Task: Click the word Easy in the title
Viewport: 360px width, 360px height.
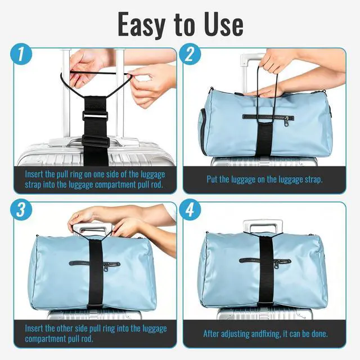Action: pos(142,25)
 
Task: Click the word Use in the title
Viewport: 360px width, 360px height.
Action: pos(224,24)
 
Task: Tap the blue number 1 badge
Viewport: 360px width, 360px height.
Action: pos(21,55)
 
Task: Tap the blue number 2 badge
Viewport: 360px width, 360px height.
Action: pos(190,55)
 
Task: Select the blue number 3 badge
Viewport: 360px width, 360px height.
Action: pos(21,209)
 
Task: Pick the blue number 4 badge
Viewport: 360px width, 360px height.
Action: pos(190,209)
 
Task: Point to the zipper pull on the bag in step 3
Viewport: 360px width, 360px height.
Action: pos(106,267)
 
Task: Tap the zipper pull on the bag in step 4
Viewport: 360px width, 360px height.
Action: pos(277,265)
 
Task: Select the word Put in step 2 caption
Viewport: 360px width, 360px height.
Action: pos(212,179)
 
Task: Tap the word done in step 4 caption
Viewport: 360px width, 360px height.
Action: pos(319,334)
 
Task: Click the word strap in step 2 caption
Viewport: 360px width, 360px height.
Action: pos(313,180)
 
